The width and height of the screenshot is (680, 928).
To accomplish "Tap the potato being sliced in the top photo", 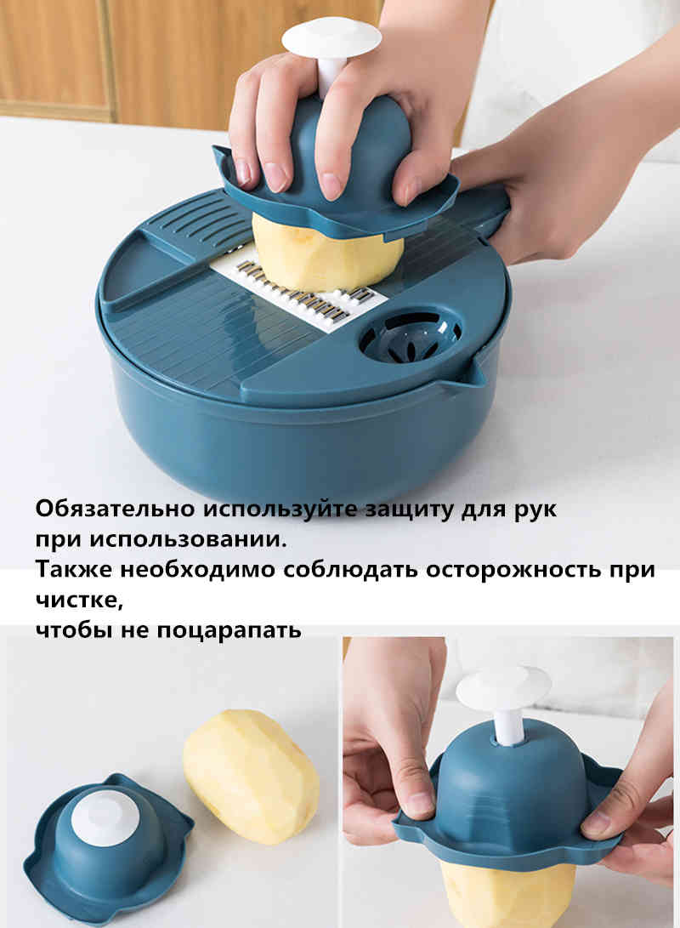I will (327, 255).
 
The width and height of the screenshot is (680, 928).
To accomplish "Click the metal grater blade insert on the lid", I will (306, 293).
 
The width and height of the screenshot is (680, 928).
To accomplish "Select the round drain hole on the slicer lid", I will (410, 335).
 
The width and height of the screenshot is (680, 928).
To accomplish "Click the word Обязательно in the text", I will (115, 510).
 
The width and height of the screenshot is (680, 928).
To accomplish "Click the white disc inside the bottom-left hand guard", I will (105, 817).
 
